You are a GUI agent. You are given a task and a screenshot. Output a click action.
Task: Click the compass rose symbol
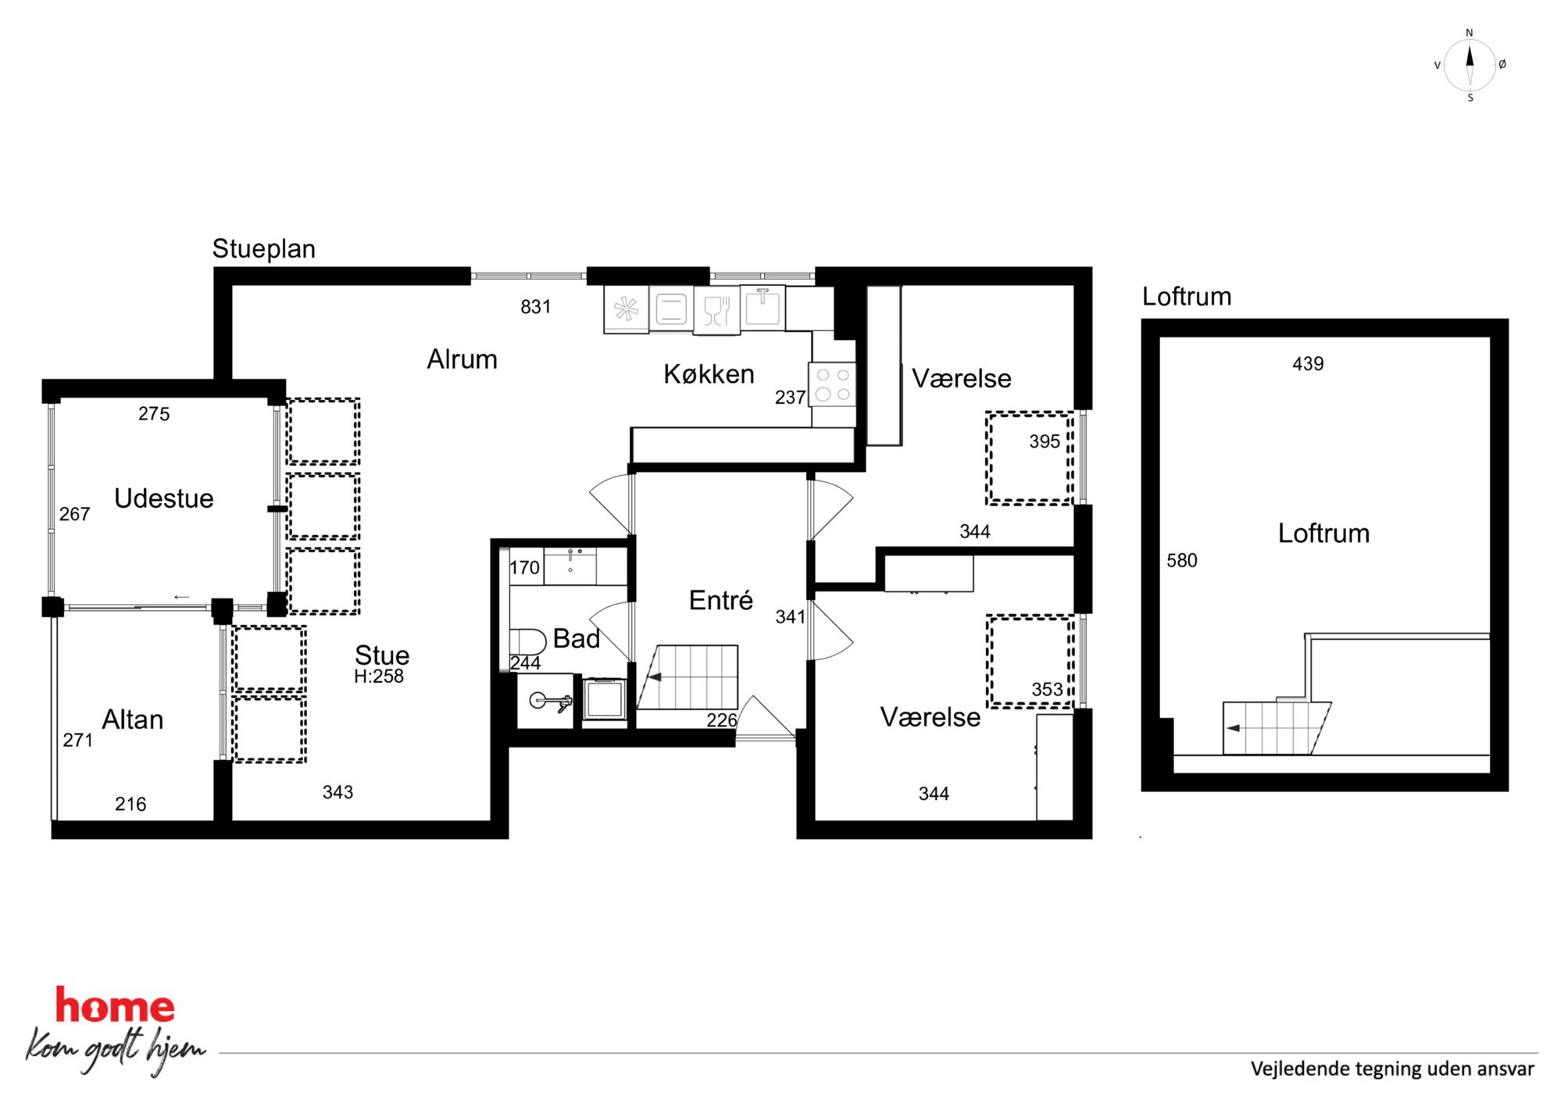[1470, 66]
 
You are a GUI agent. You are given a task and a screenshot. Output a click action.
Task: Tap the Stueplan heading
[264, 249]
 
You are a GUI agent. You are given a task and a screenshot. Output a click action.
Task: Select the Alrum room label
[462, 359]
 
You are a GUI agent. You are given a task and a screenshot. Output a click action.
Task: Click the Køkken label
[709, 374]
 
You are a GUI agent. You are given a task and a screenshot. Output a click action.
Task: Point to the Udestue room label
[163, 498]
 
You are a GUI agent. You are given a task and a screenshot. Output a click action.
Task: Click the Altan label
[133, 719]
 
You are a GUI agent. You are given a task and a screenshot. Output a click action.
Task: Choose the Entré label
[720, 600]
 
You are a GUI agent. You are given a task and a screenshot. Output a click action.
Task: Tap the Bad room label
[577, 638]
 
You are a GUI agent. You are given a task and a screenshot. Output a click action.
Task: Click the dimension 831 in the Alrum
[535, 307]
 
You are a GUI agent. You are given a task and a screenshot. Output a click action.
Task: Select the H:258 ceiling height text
[379, 677]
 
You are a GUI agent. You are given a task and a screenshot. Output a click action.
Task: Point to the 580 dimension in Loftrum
[1181, 560]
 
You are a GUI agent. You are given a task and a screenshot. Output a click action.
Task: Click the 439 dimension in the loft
[1308, 363]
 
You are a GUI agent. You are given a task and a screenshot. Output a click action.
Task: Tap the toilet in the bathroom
[528, 642]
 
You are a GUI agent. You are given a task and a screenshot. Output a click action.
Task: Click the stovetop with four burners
[833, 384]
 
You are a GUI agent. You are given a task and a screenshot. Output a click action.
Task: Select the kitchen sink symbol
[762, 308]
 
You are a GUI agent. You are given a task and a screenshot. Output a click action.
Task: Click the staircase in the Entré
[688, 677]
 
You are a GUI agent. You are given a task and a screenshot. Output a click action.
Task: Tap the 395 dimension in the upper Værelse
[1045, 441]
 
